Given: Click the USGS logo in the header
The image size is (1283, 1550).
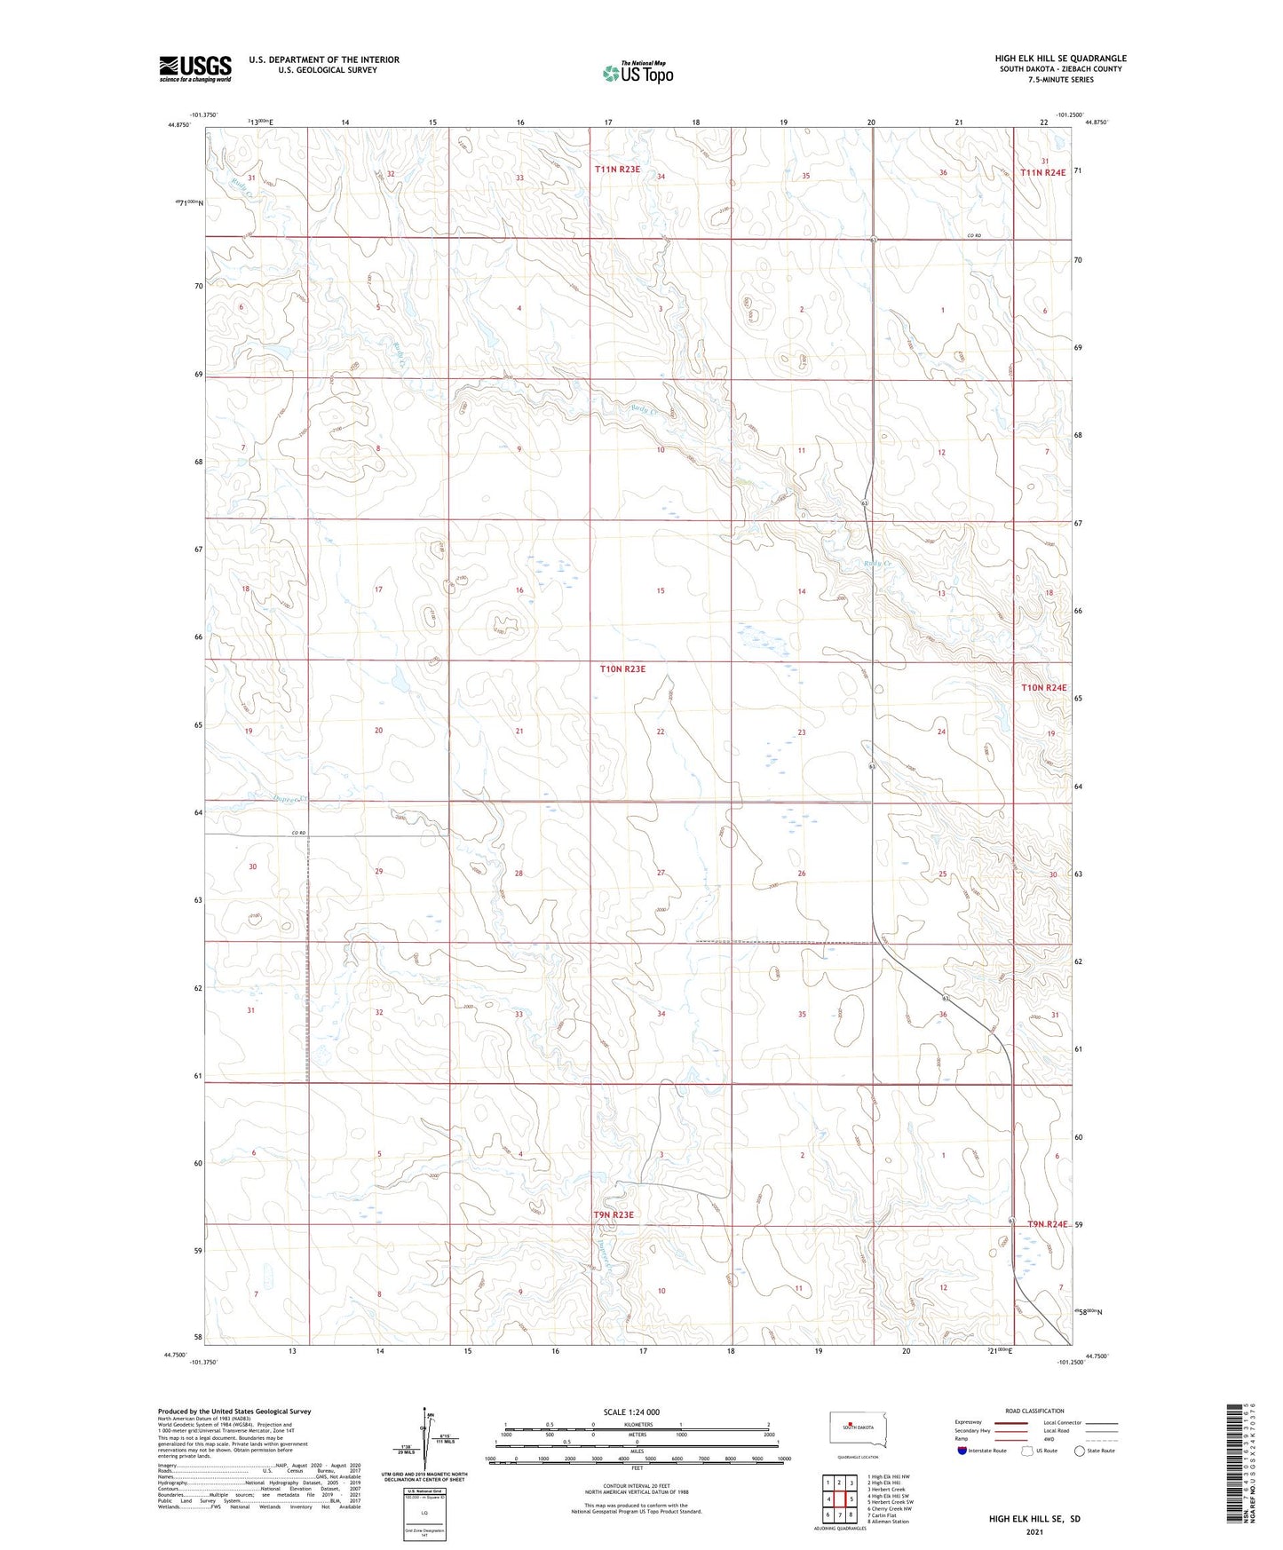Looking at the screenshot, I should [x=195, y=68].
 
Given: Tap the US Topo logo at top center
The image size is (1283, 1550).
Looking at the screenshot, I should [x=638, y=73].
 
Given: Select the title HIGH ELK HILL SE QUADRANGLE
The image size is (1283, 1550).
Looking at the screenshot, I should [x=1060, y=59].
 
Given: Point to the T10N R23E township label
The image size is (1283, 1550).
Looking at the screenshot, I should [x=622, y=669].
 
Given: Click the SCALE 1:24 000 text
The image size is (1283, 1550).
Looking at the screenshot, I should [x=631, y=1412].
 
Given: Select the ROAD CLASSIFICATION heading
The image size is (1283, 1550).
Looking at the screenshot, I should [x=1034, y=1411].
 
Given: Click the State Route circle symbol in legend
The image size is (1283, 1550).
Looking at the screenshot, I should [x=1080, y=1451].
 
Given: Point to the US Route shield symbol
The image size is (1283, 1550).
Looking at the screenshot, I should [x=1027, y=1451].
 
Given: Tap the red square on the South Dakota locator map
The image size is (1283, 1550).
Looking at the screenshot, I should [x=850, y=1427].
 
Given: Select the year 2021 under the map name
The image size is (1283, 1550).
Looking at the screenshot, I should [x=1034, y=1532].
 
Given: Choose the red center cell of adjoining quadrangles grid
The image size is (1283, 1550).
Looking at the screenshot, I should [x=839, y=1499].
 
